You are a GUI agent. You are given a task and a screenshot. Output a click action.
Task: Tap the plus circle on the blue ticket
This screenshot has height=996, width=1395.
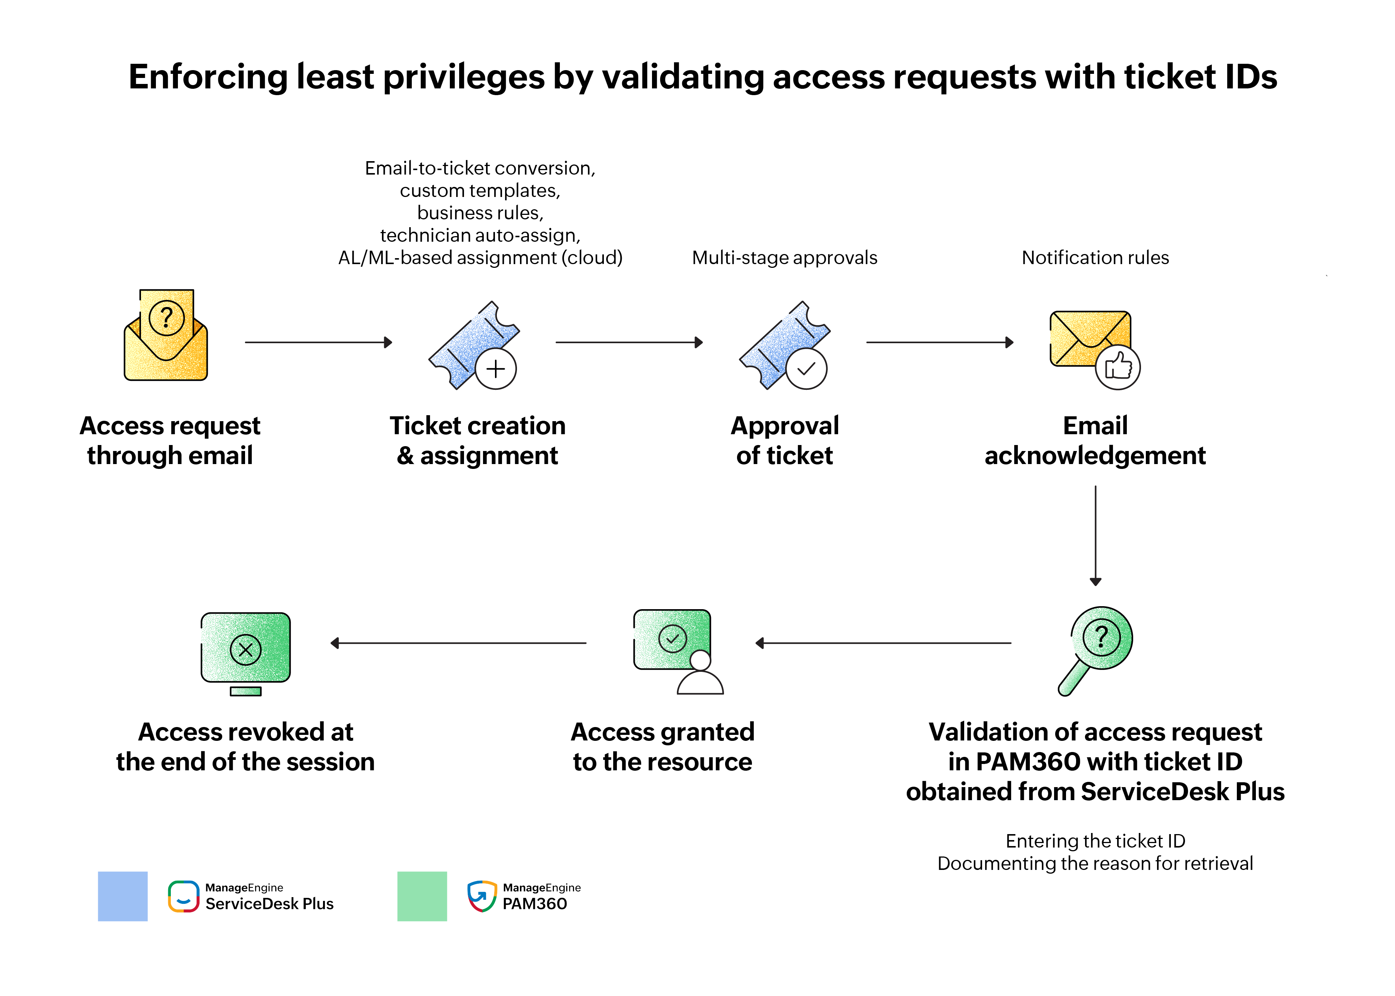(495, 369)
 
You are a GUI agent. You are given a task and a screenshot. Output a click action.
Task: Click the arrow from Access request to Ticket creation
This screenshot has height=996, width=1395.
(318, 342)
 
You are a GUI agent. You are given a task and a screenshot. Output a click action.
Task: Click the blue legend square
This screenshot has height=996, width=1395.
(123, 896)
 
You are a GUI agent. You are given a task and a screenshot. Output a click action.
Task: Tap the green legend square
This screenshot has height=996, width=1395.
(422, 896)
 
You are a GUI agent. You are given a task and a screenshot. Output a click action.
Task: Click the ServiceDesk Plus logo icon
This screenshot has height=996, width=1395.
(184, 897)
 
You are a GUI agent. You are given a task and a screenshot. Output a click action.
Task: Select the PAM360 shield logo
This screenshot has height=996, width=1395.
(482, 897)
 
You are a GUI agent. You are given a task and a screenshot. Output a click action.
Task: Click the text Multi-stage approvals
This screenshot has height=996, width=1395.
(784, 258)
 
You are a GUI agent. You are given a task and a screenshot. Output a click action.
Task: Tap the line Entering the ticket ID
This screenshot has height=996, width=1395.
(1095, 841)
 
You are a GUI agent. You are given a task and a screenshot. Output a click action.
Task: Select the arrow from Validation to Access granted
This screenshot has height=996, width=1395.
(883, 643)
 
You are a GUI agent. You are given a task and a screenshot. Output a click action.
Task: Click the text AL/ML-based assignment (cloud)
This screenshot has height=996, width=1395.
(480, 258)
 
